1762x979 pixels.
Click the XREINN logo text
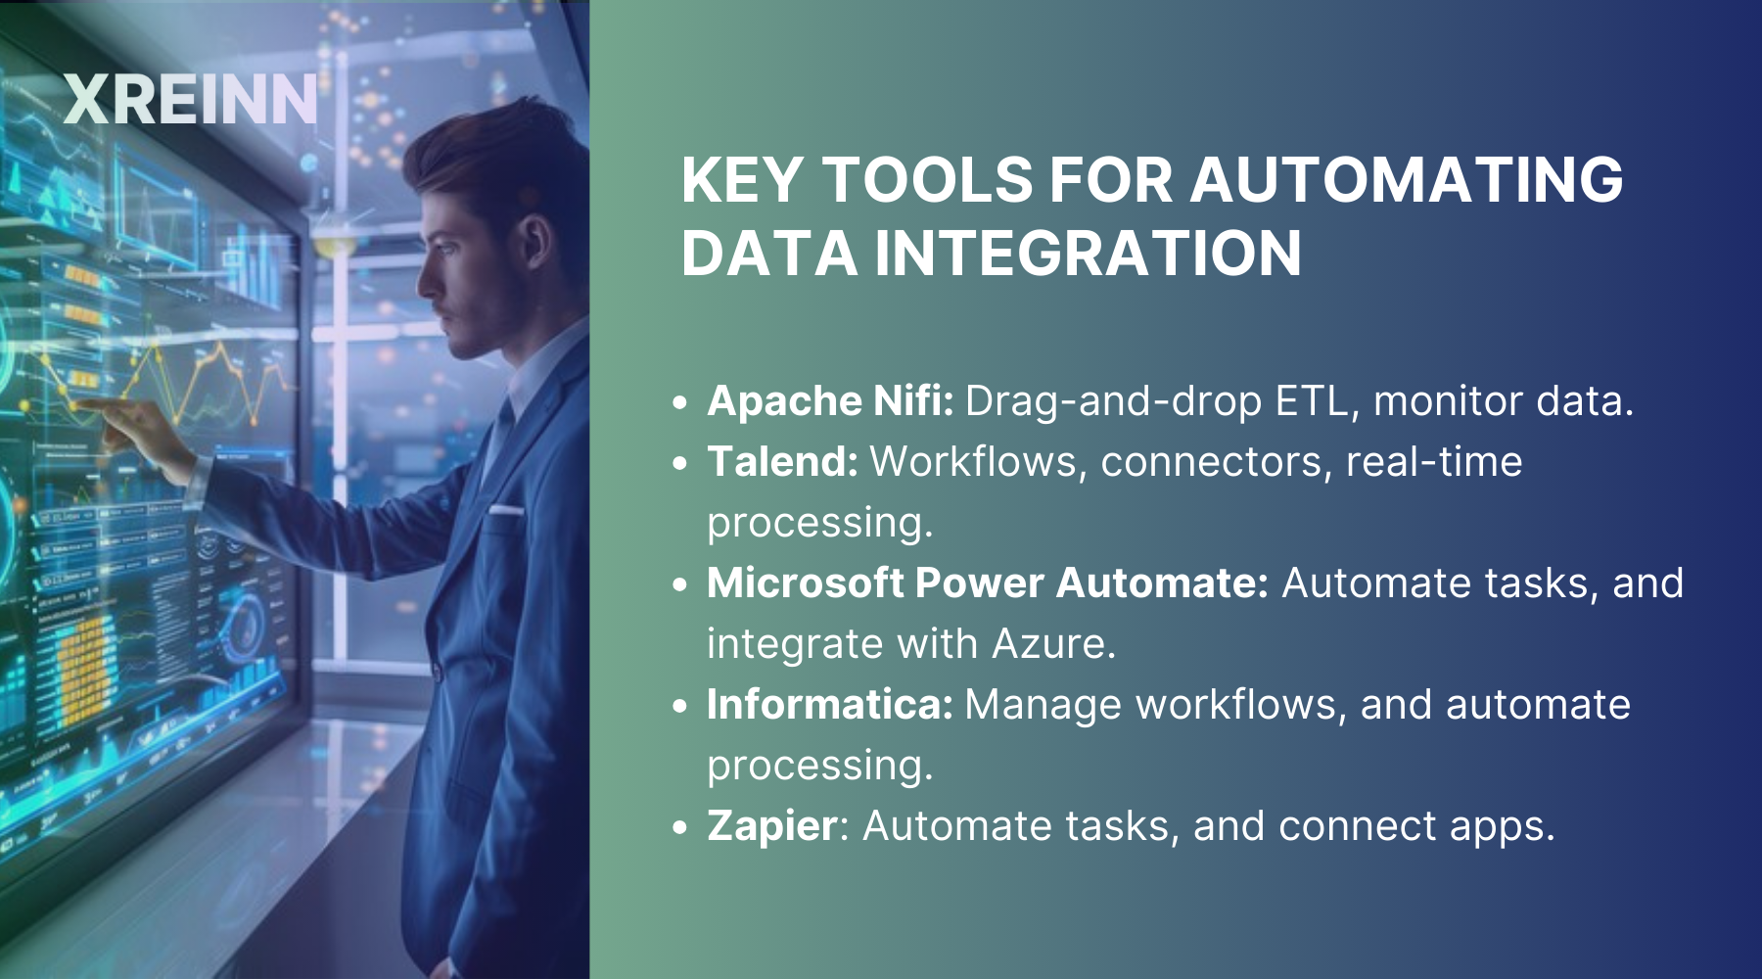pyautogui.click(x=191, y=100)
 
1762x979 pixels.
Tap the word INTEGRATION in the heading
pyautogui.click(x=1088, y=253)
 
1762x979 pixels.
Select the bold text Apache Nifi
pyautogui.click(x=830, y=400)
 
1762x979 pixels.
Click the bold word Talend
pyautogui.click(x=782, y=461)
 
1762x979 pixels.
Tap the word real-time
pyautogui.click(x=1434, y=461)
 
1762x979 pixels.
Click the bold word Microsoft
pyautogui.click(x=807, y=583)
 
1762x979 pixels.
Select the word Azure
pyautogui.click(x=1054, y=644)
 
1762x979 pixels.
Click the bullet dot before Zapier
pyautogui.click(x=681, y=827)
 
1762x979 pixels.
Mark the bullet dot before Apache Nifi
pyautogui.click(x=681, y=402)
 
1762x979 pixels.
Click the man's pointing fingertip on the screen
pyautogui.click(x=78, y=402)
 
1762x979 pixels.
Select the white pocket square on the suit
pyautogui.click(x=506, y=510)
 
